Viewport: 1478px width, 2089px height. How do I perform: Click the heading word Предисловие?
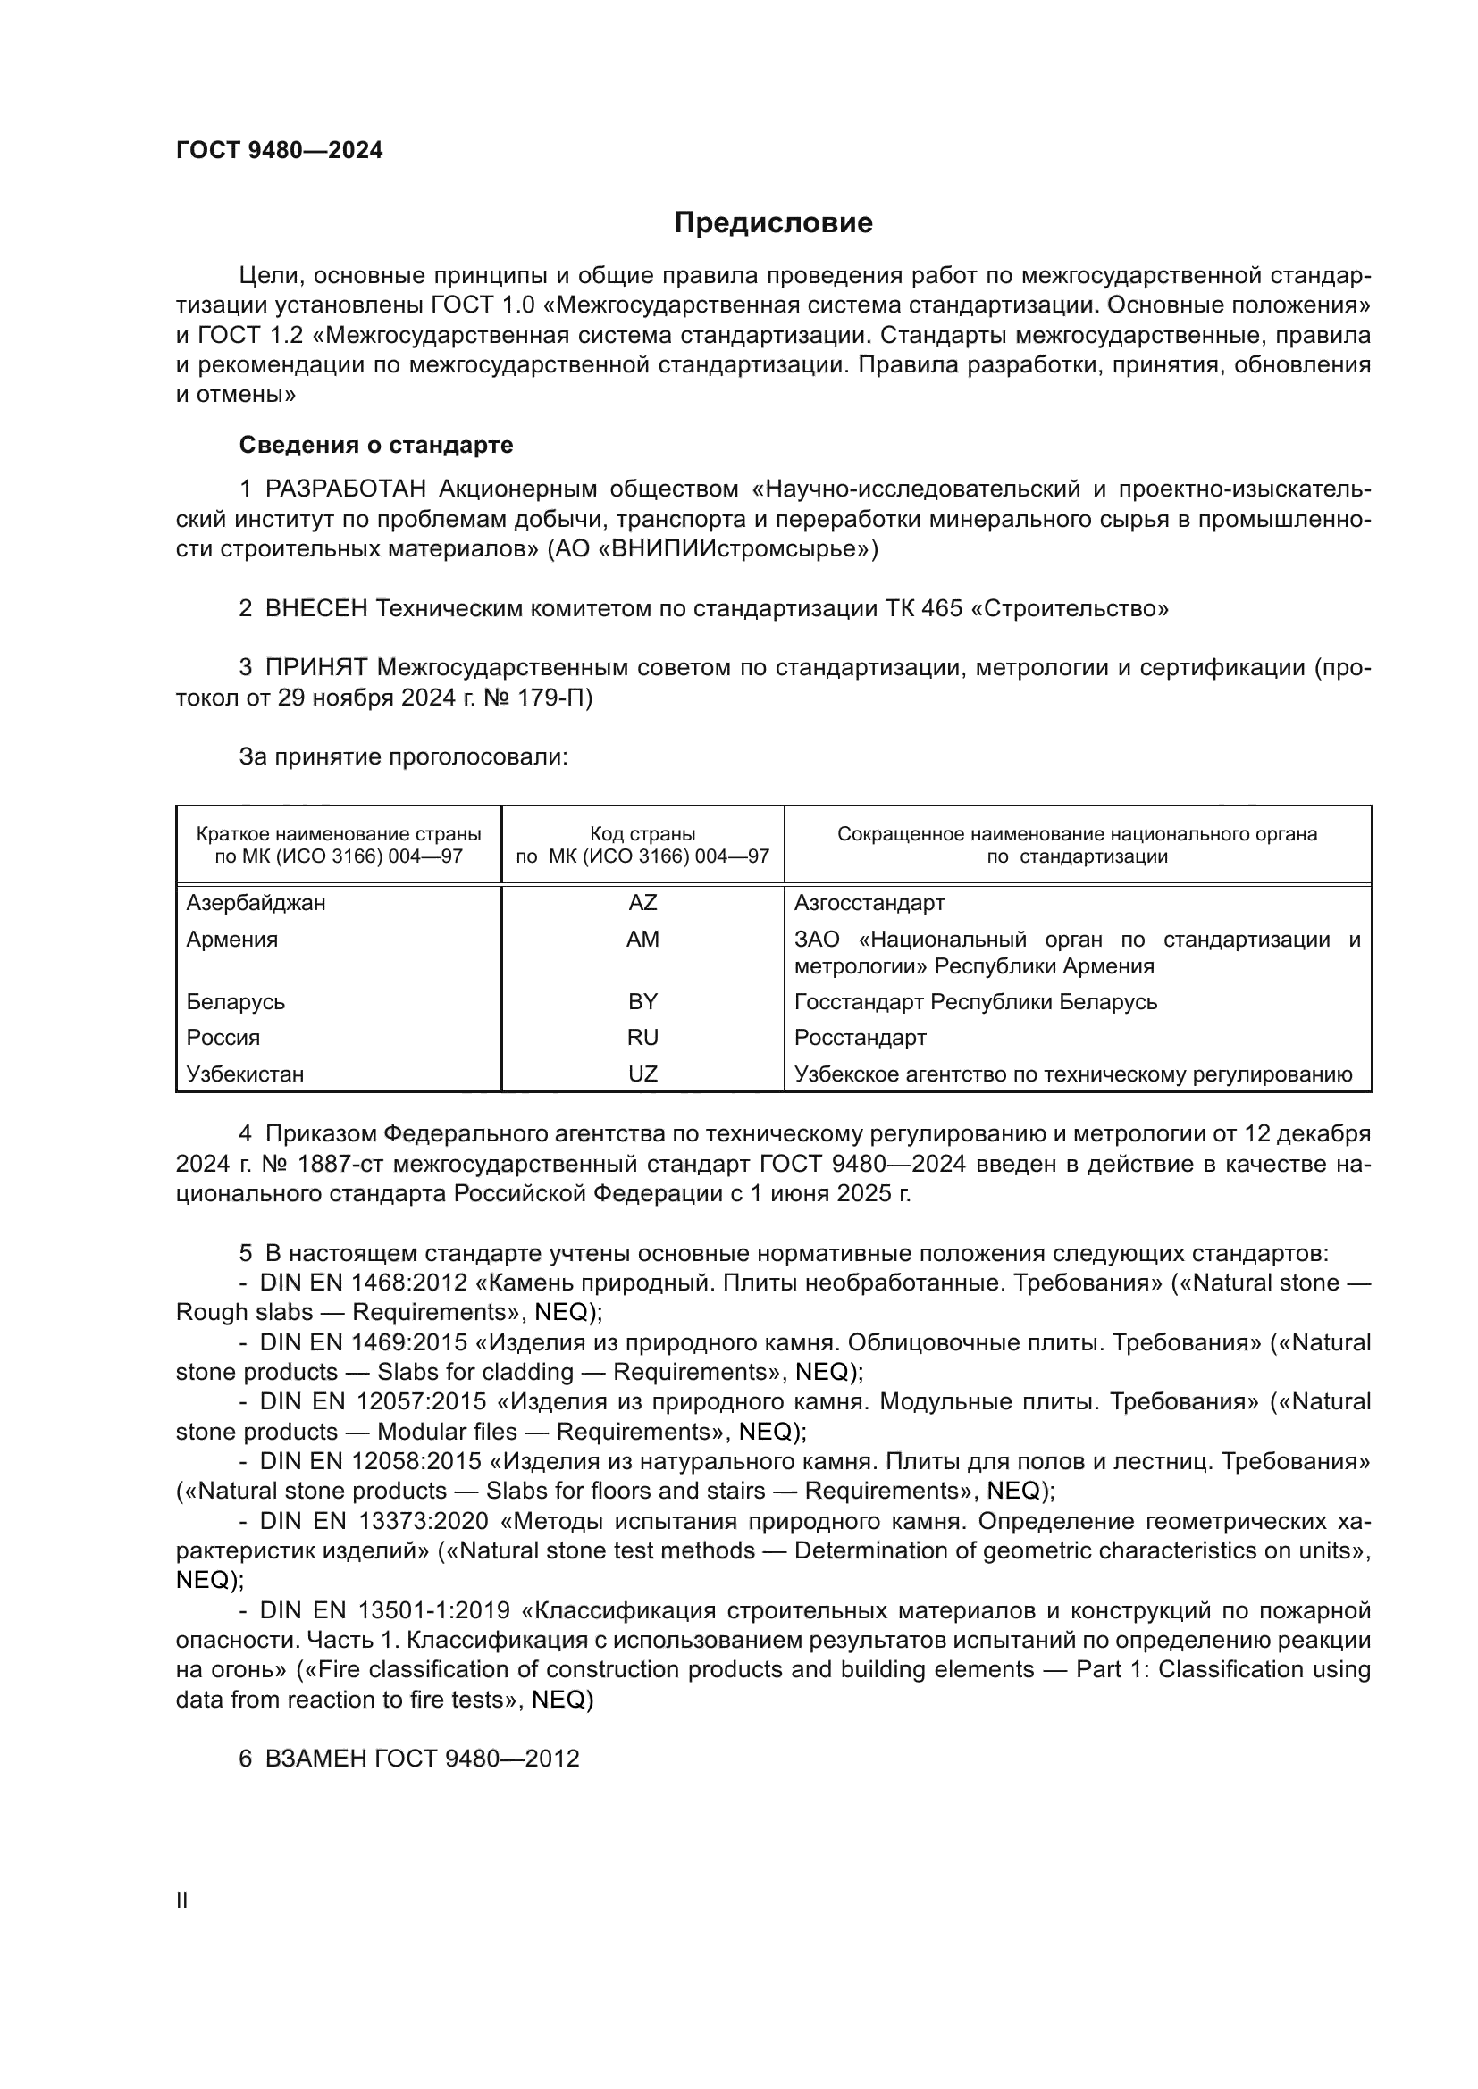773,223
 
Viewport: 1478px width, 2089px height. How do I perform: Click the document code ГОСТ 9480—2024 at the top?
280,151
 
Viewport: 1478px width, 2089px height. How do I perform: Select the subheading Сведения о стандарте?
376,445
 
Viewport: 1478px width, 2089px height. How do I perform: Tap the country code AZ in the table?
642,903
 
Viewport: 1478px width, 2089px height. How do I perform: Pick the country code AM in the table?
642,939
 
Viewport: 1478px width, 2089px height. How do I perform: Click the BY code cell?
642,1002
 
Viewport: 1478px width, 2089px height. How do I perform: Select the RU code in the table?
642,1037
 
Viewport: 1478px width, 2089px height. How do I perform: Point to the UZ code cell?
642,1074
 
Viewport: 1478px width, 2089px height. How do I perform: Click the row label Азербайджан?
256,903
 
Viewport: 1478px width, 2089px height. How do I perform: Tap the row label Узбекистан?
245,1074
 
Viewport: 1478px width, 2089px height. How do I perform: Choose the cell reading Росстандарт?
860,1037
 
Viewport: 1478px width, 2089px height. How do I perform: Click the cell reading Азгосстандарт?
869,903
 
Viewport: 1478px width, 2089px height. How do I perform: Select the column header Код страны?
642,833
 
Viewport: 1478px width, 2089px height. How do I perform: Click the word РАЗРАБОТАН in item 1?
346,489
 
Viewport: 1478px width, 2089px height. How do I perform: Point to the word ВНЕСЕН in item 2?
315,609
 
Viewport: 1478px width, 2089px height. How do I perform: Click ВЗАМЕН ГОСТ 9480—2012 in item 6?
423,1759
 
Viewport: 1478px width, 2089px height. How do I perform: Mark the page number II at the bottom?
182,1900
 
